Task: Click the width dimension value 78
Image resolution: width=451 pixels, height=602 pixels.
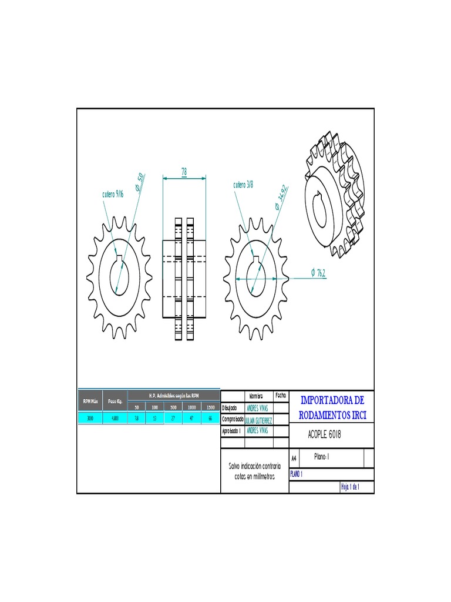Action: coord(184,171)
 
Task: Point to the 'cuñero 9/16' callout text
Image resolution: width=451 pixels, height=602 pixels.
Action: coord(112,194)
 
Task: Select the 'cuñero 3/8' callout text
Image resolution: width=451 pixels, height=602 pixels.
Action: coord(243,185)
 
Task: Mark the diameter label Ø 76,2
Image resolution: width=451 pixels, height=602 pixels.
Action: coord(318,272)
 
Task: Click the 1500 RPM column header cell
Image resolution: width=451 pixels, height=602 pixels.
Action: coord(210,407)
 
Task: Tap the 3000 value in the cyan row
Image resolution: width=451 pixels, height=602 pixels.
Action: coord(90,419)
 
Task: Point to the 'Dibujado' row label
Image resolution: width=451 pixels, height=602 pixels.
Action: coord(230,407)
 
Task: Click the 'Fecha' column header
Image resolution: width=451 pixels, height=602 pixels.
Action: coord(280,396)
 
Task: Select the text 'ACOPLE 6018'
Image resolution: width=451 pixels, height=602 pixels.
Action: coord(324,435)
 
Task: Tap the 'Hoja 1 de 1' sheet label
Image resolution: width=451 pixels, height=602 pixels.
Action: coord(349,487)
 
